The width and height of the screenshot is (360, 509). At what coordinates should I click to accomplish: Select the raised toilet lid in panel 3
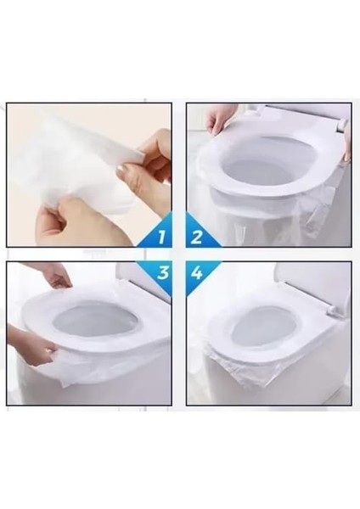[144, 284]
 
